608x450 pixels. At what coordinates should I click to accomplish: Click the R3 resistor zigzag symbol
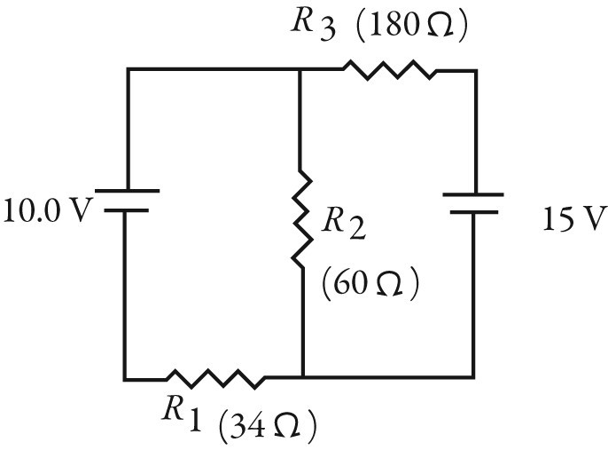point(389,68)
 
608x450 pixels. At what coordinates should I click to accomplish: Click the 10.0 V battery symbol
point(128,201)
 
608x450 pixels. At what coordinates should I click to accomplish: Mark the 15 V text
point(567,218)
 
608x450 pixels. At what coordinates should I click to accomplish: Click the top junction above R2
point(302,68)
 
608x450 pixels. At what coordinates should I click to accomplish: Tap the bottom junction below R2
point(302,378)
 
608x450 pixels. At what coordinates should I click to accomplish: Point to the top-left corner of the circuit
point(128,68)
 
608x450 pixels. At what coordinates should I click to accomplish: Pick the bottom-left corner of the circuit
point(128,378)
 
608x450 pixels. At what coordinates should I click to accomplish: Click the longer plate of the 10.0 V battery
point(128,190)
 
